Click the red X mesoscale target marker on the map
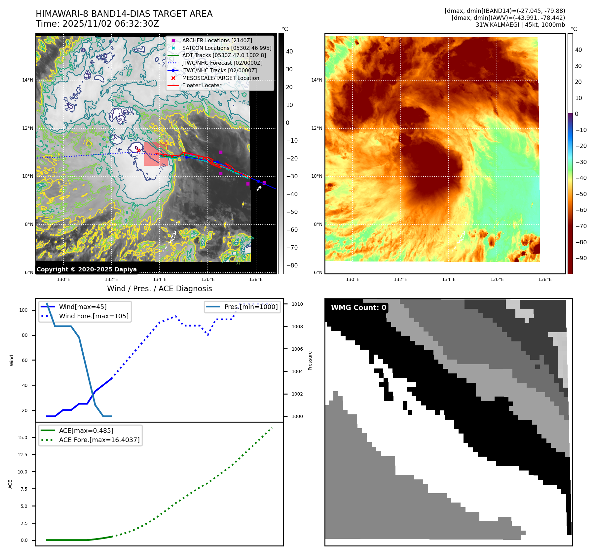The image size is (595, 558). point(138,150)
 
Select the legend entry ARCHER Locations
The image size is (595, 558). point(217,40)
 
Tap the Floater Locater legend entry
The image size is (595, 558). point(202,85)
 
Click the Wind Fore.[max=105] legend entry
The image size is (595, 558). point(93,316)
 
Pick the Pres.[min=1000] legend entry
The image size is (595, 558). point(251,307)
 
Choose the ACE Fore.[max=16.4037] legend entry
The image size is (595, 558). point(99,440)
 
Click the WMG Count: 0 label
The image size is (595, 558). point(358,308)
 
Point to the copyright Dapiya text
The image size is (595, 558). point(87,269)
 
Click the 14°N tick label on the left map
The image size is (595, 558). point(28,80)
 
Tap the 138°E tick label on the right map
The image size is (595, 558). point(545,279)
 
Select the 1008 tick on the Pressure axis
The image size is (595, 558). point(297,327)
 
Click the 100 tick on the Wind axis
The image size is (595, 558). point(23,310)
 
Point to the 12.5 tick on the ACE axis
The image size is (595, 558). point(22,455)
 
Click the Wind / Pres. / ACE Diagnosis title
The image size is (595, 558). point(159,289)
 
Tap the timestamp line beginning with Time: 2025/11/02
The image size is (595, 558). point(97,24)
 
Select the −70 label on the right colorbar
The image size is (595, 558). point(581,226)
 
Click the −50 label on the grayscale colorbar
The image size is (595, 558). point(292,212)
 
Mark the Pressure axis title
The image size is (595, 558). point(310,361)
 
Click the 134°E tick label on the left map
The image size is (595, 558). point(160,279)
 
